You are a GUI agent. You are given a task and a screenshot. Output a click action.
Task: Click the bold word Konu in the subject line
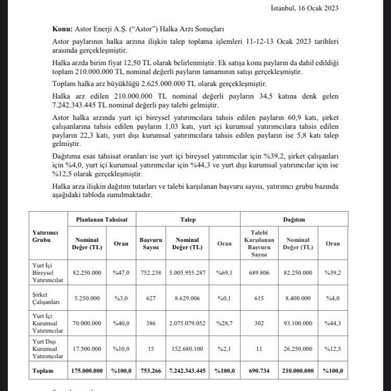point(63,30)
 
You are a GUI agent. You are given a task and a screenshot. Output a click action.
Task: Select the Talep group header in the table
point(188,220)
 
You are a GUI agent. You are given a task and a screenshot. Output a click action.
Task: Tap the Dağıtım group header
point(294,220)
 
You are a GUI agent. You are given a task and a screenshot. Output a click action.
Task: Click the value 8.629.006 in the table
point(187,297)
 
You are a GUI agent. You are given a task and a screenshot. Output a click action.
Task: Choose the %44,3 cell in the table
point(332,324)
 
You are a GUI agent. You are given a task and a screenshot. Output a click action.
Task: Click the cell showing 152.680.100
point(187,348)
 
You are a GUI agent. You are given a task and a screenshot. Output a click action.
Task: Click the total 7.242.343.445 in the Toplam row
point(187,371)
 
